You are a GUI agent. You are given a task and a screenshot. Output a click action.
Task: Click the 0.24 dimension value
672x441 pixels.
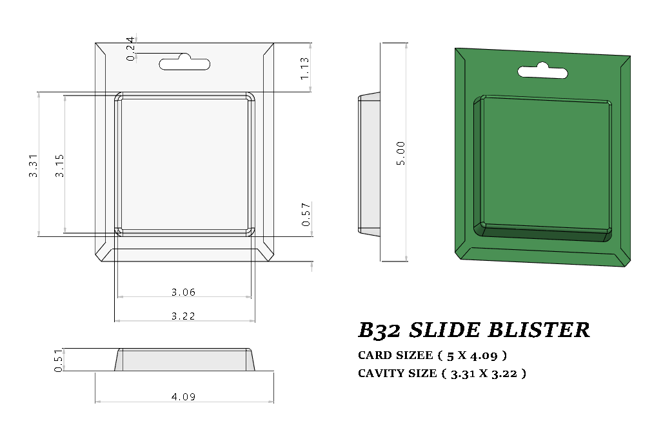click(x=131, y=49)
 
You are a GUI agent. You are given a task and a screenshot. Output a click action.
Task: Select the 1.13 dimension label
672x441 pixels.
click(x=305, y=68)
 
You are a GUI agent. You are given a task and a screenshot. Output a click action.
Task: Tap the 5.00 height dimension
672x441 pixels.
click(x=401, y=153)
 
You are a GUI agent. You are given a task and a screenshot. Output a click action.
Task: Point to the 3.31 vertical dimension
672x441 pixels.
click(x=33, y=166)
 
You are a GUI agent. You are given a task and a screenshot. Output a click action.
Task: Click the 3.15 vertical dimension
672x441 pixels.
click(x=59, y=166)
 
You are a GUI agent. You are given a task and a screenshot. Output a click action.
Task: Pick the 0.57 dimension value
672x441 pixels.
click(x=306, y=214)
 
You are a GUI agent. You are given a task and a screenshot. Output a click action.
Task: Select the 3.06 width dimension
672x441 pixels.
click(x=183, y=292)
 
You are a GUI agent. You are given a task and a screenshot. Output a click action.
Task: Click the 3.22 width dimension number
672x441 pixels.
click(x=183, y=316)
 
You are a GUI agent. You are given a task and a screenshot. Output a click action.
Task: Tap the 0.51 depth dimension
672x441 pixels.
click(x=58, y=360)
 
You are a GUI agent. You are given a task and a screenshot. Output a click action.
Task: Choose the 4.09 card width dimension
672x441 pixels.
click(x=183, y=396)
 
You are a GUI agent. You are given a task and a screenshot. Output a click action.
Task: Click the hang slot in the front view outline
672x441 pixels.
click(x=185, y=63)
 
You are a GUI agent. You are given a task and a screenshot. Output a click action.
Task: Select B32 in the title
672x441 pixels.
click(x=380, y=330)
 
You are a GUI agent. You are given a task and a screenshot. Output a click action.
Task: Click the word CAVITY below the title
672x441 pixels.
click(x=381, y=373)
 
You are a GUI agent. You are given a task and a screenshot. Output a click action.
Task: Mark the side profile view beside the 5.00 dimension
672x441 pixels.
click(x=369, y=163)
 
